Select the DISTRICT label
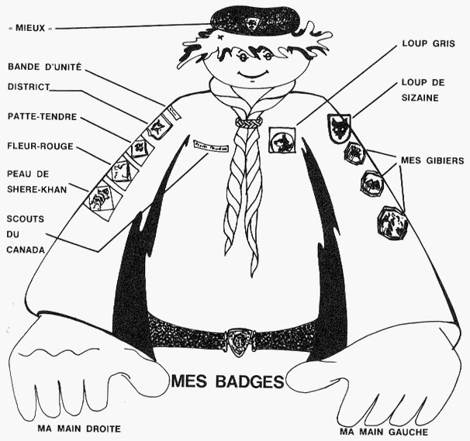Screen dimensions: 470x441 29,87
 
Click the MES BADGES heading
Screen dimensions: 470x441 227,381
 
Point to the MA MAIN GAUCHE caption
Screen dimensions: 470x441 384,430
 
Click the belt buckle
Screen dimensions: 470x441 239,338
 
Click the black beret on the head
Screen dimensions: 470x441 255,21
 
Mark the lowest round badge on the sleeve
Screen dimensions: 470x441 392,223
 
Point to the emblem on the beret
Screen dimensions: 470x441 252,23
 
